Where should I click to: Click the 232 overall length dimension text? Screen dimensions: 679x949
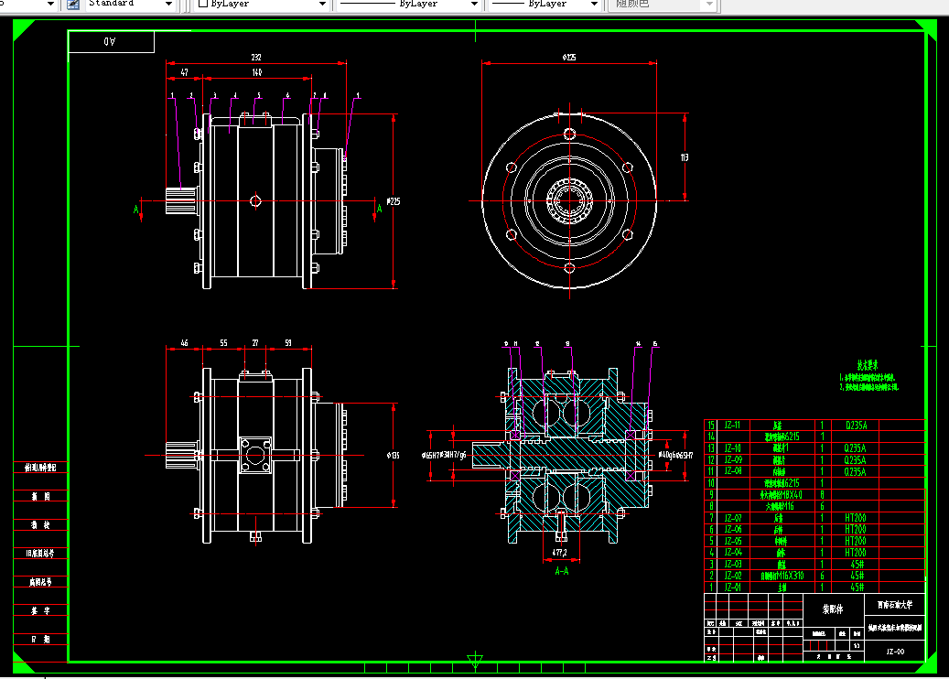(257, 57)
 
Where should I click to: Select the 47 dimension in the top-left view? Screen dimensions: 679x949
(184, 71)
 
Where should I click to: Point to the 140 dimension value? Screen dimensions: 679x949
(257, 71)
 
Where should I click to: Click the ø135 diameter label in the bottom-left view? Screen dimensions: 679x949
(394, 455)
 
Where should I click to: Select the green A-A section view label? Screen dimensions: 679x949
(562, 570)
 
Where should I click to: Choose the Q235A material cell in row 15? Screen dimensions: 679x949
(856, 426)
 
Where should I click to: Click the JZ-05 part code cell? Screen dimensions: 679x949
(732, 541)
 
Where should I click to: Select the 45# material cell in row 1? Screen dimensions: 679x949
(856, 587)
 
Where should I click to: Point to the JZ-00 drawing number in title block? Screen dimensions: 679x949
(895, 652)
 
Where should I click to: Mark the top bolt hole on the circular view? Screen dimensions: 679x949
(569, 135)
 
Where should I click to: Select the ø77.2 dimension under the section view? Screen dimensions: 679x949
(560, 553)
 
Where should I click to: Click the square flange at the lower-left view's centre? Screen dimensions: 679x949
(255, 455)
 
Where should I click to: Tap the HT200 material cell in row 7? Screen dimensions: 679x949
(856, 518)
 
